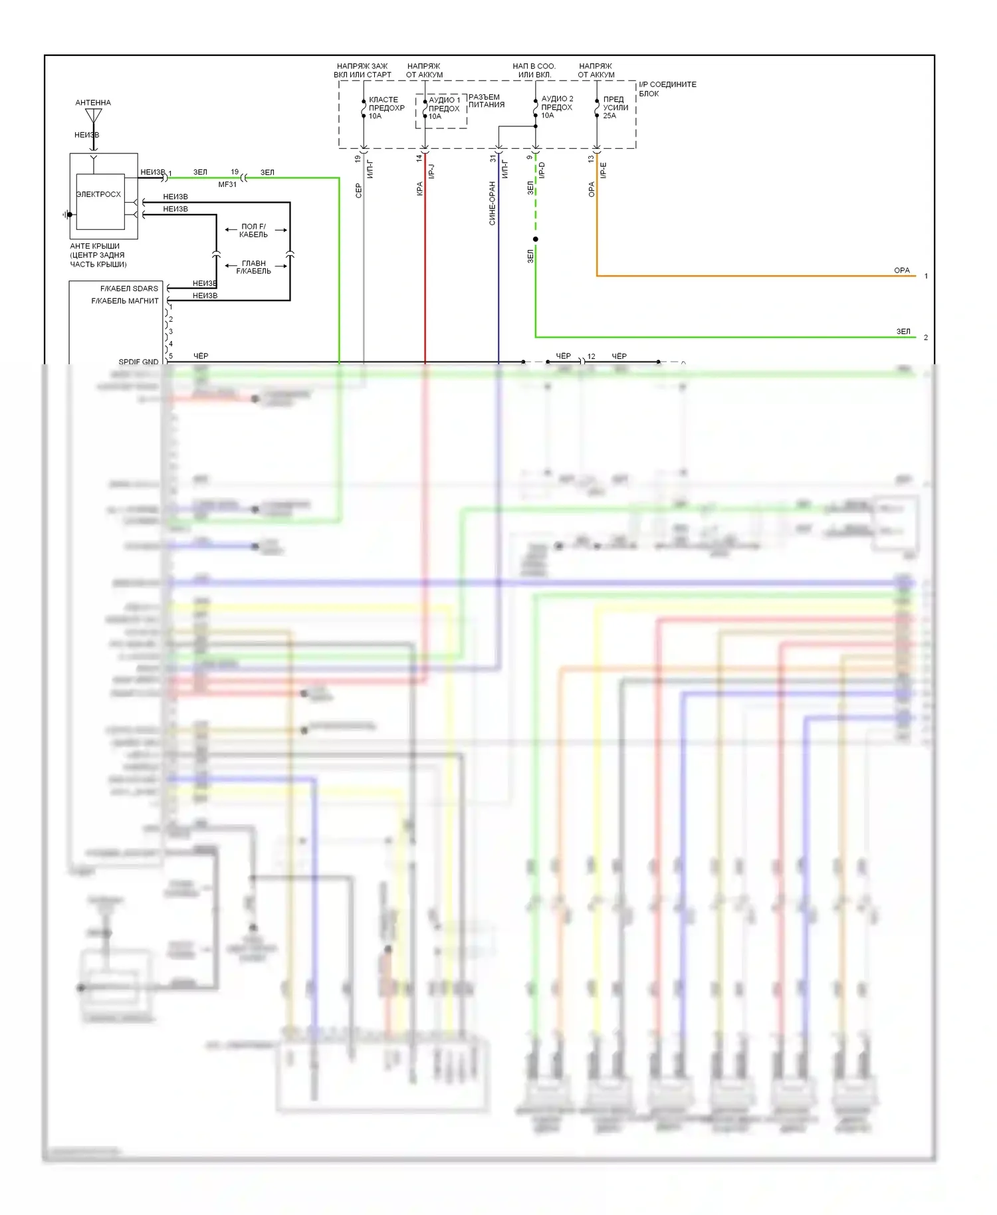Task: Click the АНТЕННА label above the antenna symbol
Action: pos(93,102)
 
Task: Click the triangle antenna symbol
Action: pos(94,116)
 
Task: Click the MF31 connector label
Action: pos(227,184)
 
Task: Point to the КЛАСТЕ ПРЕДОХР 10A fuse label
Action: pos(386,108)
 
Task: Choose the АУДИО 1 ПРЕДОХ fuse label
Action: pos(444,108)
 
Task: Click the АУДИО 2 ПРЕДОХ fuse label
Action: pos(556,106)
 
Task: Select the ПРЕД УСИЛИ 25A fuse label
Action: pos(615,107)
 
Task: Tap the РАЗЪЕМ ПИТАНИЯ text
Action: pos(486,100)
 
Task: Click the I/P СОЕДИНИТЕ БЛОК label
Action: pos(667,88)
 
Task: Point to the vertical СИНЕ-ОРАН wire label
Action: pos(493,203)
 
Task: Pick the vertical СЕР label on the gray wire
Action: pos(359,190)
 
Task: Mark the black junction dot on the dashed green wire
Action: pos(536,239)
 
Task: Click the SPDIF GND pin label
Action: pos(138,362)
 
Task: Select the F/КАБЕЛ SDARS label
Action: pos(129,288)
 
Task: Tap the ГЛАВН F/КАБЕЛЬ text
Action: pos(253,267)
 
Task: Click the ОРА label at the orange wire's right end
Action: pos(901,271)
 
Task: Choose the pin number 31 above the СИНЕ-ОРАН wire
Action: pos(493,159)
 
